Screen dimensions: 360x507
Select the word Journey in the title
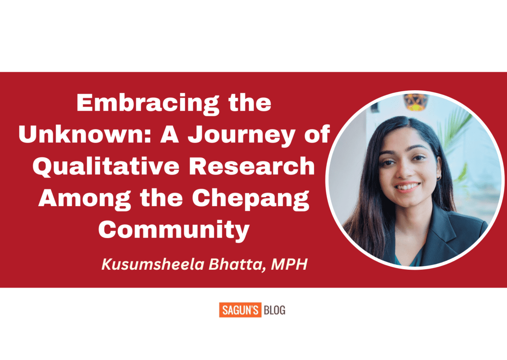pyautogui.click(x=244, y=135)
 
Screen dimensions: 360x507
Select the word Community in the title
pyautogui.click(x=173, y=230)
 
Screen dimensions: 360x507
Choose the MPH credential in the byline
pyautogui.click(x=289, y=265)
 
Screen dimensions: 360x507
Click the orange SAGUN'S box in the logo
pyautogui.click(x=240, y=311)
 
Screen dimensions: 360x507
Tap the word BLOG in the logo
pyautogui.click(x=274, y=311)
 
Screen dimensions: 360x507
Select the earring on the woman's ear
pyautogui.click(x=439, y=177)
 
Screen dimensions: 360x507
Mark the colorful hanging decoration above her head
pyautogui.click(x=415, y=101)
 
